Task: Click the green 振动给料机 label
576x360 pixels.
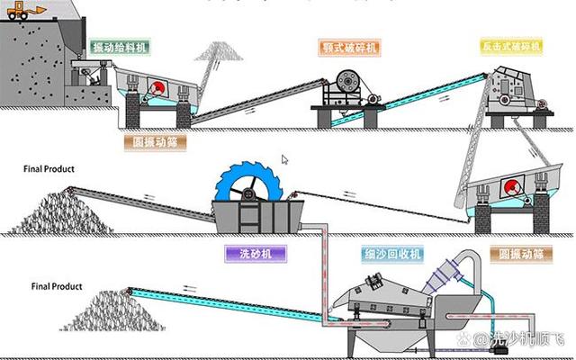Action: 121,46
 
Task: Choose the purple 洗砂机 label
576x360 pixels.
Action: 256,254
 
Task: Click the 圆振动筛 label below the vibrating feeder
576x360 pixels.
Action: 153,141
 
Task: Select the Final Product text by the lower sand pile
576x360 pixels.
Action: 57,286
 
